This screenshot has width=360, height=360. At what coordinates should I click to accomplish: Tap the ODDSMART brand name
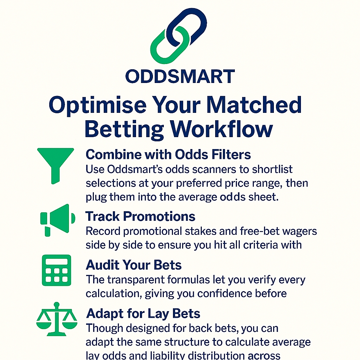click(180, 76)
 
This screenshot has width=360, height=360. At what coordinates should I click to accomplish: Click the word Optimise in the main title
click(98, 105)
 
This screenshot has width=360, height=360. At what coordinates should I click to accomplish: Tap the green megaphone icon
click(58, 220)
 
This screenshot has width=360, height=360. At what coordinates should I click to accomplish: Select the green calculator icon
click(57, 270)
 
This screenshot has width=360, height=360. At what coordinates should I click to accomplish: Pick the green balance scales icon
click(57, 319)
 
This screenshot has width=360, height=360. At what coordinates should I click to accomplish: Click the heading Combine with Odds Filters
click(168, 154)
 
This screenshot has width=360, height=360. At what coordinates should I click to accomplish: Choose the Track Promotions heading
click(140, 216)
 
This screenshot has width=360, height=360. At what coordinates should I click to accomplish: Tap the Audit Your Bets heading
click(134, 265)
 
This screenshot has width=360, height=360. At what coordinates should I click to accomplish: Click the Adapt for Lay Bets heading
click(143, 314)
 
